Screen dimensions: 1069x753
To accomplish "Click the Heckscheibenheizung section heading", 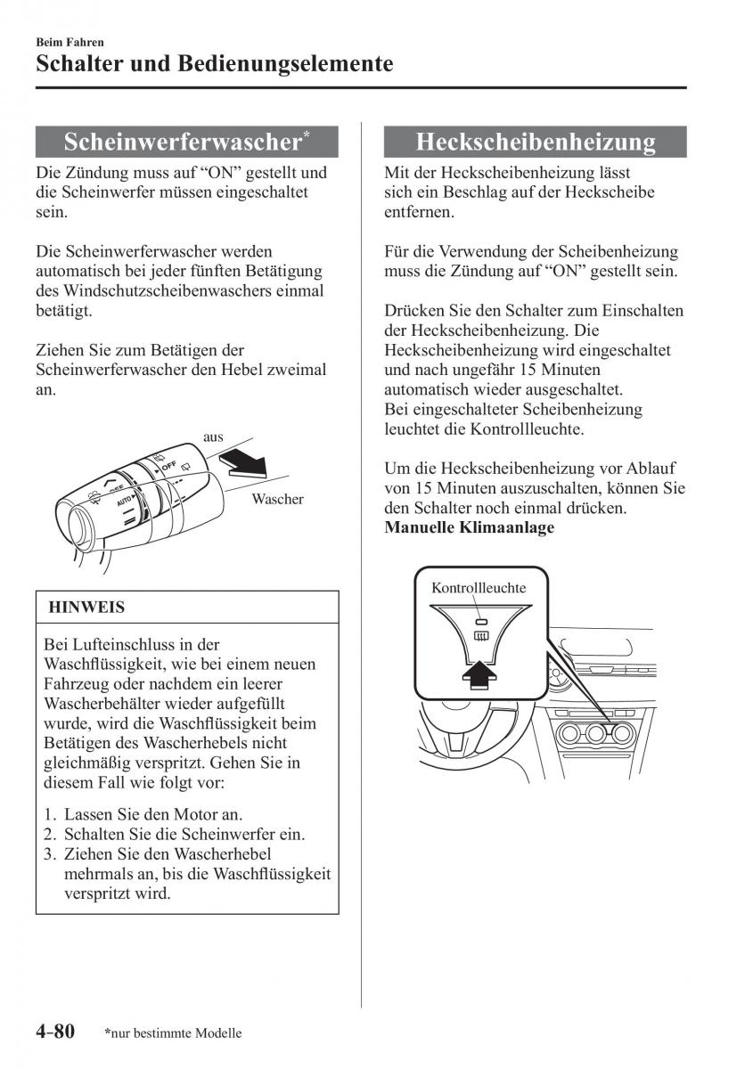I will (535, 142).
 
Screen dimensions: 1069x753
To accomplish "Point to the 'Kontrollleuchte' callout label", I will (479, 588).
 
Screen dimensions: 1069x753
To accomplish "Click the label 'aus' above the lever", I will (213, 437).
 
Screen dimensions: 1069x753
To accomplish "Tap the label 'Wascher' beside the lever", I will (277, 499).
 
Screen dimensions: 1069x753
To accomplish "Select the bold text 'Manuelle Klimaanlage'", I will (469, 527).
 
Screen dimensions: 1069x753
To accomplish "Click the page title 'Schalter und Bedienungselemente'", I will (215, 64).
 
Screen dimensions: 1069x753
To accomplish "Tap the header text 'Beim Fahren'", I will (70, 41).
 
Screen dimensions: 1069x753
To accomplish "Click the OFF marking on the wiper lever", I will (168, 466).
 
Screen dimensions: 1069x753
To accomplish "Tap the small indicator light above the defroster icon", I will (479, 622).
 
